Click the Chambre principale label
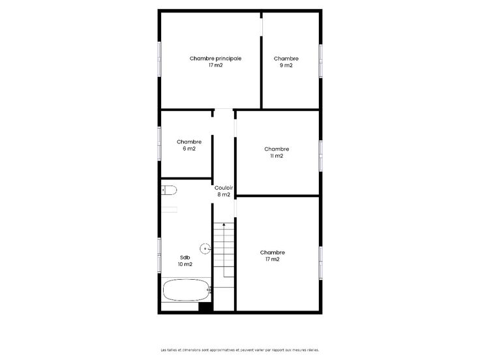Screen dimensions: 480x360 215,59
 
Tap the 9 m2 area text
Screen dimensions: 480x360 286,65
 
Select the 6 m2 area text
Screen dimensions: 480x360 189,149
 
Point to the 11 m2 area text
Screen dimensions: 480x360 277,156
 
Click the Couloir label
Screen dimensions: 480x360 224,188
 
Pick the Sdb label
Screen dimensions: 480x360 185,258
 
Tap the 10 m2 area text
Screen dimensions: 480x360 185,264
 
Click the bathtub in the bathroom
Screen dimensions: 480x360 187,290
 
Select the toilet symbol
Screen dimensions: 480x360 169,190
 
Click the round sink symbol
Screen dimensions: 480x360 205,248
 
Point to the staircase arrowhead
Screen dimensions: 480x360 224,225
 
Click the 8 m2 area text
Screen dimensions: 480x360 224,194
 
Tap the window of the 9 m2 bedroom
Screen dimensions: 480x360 320,61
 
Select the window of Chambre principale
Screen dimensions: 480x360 159,59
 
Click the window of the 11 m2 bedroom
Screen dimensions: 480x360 320,156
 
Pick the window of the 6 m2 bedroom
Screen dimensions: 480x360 159,143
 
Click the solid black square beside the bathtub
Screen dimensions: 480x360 205,307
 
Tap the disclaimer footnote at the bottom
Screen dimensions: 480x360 240,350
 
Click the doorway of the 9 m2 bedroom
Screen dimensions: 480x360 262,27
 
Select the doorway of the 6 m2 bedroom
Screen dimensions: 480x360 212,126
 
